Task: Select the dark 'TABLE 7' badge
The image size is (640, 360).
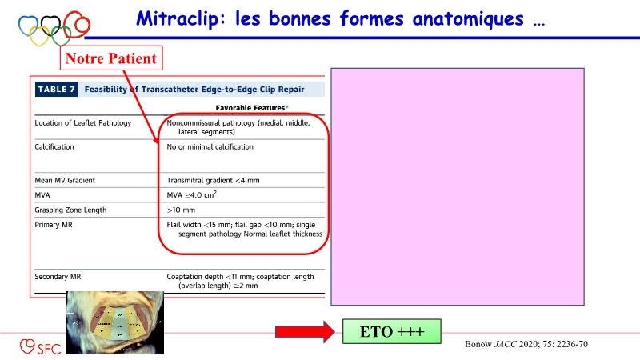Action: (x=56, y=90)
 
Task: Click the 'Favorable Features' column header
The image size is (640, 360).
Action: (x=247, y=107)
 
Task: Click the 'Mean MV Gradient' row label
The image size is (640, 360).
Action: (x=65, y=181)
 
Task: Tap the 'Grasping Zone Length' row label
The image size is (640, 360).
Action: (x=70, y=210)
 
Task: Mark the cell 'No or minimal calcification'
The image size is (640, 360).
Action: (x=210, y=147)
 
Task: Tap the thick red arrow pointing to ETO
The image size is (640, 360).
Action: (x=303, y=331)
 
